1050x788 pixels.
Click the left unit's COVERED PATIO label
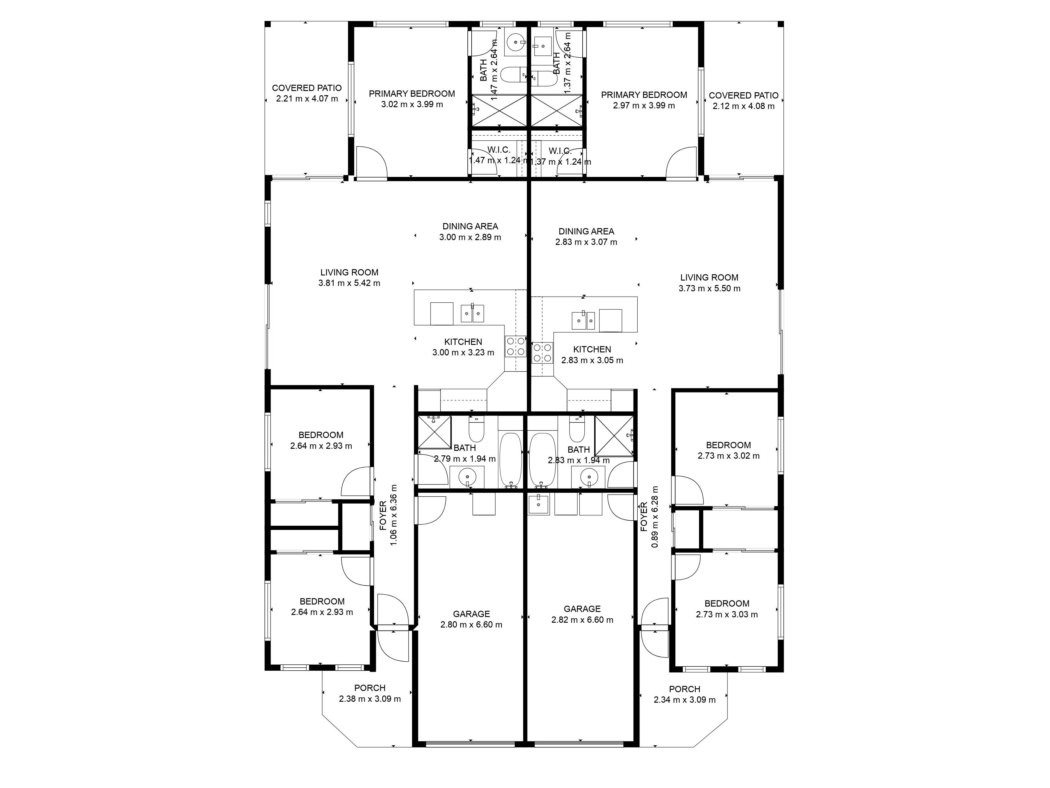[307, 88]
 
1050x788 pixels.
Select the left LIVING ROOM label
[350, 272]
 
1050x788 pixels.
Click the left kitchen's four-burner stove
[516, 346]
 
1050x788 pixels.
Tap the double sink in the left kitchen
[472, 313]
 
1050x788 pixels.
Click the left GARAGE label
[471, 614]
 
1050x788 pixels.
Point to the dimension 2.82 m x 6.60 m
[582, 620]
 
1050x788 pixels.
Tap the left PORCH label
[370, 688]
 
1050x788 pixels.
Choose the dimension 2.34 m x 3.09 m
[685, 700]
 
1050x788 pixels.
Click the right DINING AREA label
[586, 231]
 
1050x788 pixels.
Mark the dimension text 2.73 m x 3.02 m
[729, 456]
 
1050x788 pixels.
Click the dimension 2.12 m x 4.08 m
[743, 106]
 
